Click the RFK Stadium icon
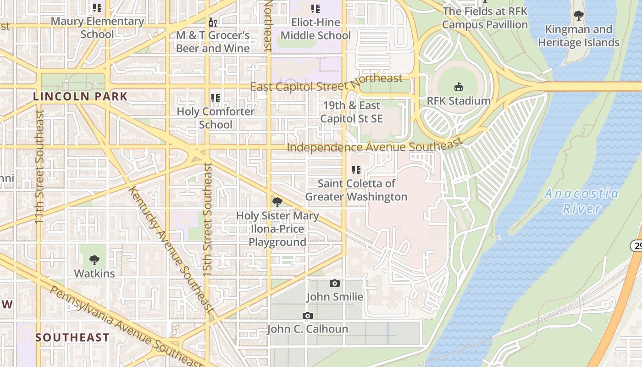[458, 87]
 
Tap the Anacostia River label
[581, 201]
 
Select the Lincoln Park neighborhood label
[80, 96]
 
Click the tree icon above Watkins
[94, 260]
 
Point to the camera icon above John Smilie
[335, 284]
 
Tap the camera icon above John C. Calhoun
[307, 316]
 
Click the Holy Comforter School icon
[216, 98]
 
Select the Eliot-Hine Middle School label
[315, 29]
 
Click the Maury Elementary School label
[97, 28]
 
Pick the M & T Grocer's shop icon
[213, 22]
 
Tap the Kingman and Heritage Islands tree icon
[579, 16]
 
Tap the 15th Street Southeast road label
[208, 220]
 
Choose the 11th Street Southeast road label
[39, 166]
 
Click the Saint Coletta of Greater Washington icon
[356, 170]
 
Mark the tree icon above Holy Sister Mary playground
[277, 202]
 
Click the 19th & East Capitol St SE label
[351, 112]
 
